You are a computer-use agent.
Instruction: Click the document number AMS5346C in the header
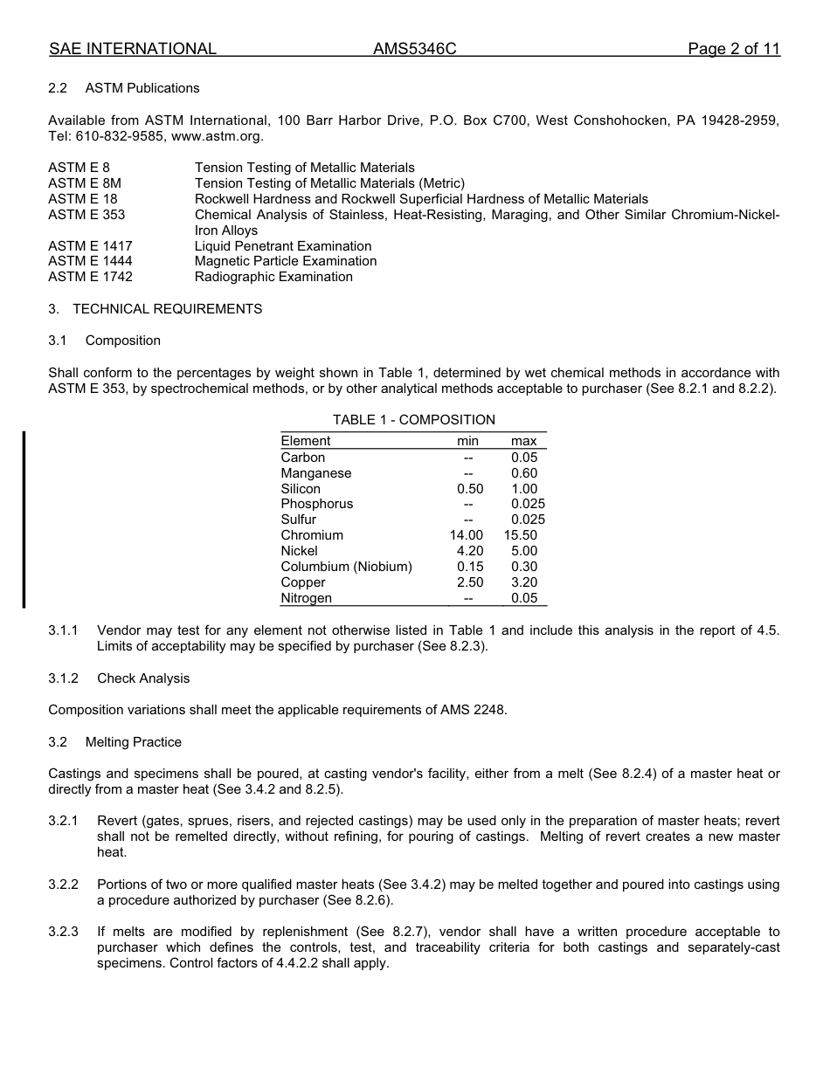414,49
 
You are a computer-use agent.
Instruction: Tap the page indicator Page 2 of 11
733,49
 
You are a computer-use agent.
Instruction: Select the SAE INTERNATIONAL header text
133,49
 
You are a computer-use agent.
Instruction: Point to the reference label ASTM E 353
86,215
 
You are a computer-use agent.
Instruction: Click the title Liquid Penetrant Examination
283,246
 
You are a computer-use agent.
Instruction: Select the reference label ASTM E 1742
90,277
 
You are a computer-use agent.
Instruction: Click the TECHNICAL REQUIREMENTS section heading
167,309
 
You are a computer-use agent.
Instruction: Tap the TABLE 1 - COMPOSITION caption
413,420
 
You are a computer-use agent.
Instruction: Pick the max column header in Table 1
523,441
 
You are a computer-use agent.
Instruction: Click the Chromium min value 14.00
466,535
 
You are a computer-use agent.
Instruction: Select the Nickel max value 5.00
524,551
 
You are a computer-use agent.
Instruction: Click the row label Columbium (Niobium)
346,567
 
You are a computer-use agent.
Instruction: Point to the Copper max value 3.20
524,582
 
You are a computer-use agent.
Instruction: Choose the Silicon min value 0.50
469,489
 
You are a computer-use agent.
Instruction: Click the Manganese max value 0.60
524,473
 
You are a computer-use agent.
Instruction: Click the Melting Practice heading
134,742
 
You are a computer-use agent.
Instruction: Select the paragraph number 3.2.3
63,932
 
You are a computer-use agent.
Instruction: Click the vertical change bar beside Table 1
24,519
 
